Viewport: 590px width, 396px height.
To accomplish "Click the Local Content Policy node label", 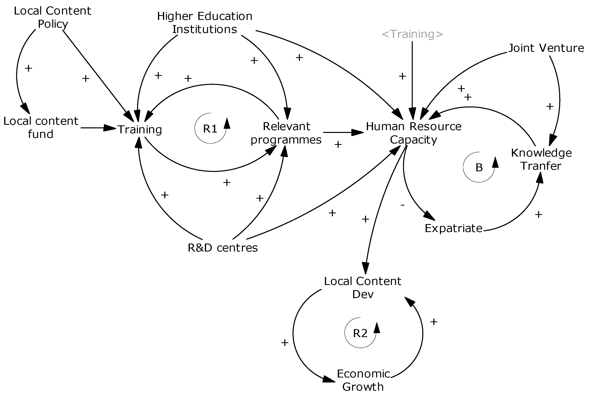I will (52, 17).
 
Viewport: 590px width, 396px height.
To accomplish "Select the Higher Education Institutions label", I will (204, 23).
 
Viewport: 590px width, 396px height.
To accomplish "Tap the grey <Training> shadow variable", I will (412, 34).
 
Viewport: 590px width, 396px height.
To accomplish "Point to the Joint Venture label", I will (546, 48).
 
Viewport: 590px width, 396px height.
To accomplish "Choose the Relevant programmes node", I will (286, 133).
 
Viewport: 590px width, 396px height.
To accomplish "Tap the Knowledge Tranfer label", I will (541, 159).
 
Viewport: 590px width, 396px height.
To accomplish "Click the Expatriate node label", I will (453, 228).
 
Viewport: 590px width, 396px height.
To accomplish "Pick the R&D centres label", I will (223, 248).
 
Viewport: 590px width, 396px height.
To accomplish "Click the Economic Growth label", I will (363, 380).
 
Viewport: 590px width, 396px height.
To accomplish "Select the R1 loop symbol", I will (210, 129).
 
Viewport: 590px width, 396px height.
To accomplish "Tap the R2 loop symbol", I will (360, 333).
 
